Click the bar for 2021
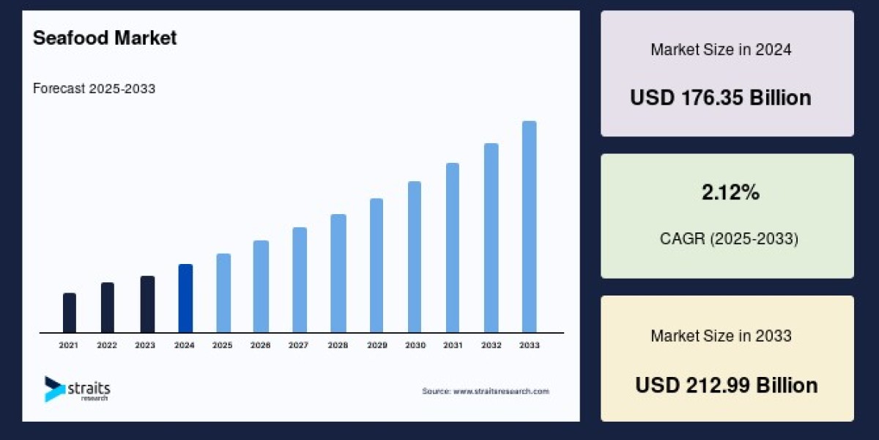tap(70, 313)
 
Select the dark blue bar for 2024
tap(185, 298)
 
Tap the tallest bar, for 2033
tap(529, 227)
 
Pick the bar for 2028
tap(338, 274)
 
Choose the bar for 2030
tap(415, 257)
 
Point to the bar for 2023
tap(147, 304)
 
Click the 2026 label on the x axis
tap(261, 345)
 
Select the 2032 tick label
tap(491, 345)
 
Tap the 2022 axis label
tap(107, 345)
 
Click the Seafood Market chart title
tap(105, 38)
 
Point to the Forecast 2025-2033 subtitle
tap(94, 89)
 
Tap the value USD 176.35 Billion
tap(721, 98)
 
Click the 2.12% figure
tap(730, 193)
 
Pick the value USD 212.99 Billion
tap(726, 385)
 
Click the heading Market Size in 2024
tap(721, 50)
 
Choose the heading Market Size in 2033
tap(721, 336)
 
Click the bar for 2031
tap(453, 248)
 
